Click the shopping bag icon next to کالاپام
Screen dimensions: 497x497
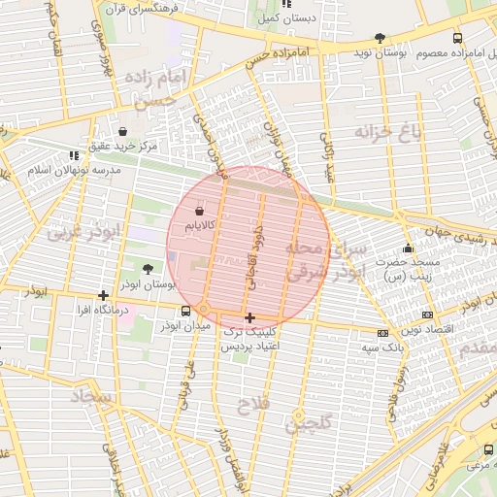tap(199, 210)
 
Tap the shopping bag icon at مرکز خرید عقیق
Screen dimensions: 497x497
tap(122, 131)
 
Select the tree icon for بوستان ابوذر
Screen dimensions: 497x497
tap(148, 270)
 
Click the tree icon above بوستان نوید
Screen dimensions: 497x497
tap(380, 38)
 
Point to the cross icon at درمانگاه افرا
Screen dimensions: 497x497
tap(104, 295)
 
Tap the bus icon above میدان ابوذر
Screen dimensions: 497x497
tap(185, 312)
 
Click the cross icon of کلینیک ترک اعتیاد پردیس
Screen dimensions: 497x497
tap(250, 317)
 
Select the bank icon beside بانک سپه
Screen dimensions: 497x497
tap(383, 333)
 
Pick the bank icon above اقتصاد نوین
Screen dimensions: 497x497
tap(428, 315)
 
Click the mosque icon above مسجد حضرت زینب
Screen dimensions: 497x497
tap(408, 248)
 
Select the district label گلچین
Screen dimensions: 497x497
tap(309, 422)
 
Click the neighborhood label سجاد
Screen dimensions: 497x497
tap(92, 396)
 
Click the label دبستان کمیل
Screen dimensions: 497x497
tap(279, 18)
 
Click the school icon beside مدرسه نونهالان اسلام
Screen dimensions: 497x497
tap(75, 155)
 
